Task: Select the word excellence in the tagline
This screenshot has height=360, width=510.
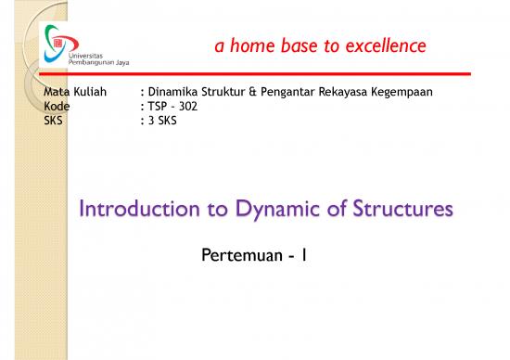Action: tap(385, 45)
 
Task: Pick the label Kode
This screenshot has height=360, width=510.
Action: tap(57, 106)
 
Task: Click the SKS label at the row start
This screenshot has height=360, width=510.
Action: tap(55, 119)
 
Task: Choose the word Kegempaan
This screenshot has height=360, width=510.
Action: tap(401, 93)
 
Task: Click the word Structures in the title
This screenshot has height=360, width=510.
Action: tap(401, 210)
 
